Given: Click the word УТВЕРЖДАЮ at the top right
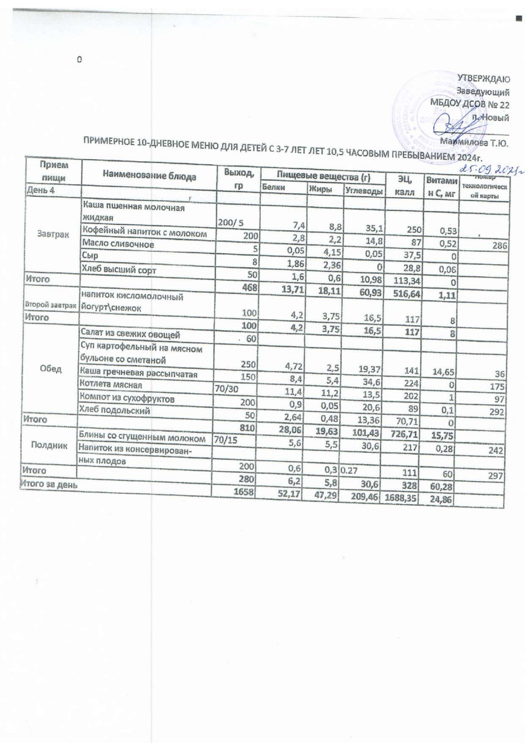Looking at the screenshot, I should point(484,79).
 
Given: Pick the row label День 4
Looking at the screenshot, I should point(41,190).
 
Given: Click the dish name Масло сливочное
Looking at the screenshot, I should point(118,244).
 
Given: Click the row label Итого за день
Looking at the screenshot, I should point(49,484).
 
